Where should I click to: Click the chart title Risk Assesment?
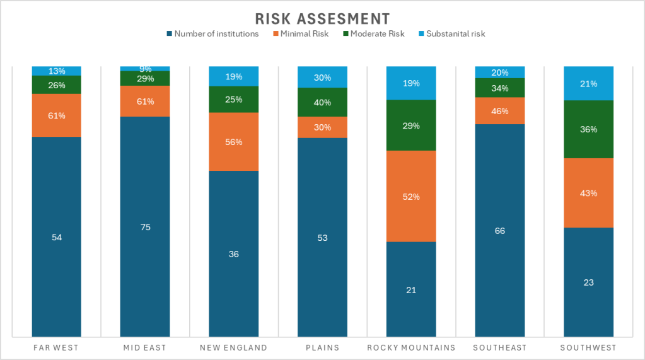[322, 18]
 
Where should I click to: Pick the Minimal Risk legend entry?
[304, 33]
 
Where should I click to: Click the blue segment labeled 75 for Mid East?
[145, 227]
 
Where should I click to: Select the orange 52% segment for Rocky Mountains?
[411, 196]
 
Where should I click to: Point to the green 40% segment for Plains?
[322, 102]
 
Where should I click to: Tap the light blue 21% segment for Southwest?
[588, 83]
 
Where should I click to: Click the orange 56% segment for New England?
[233, 142]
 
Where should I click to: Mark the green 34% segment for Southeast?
[499, 88]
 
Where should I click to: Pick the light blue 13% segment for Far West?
[57, 71]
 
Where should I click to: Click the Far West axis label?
[56, 347]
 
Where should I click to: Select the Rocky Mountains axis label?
[411, 347]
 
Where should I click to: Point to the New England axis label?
[233, 347]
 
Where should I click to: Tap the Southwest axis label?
[588, 347]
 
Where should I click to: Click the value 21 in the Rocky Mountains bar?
[411, 290]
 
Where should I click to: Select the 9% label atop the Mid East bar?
[145, 69]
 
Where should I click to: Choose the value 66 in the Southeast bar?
[499, 231]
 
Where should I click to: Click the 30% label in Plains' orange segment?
[322, 127]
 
